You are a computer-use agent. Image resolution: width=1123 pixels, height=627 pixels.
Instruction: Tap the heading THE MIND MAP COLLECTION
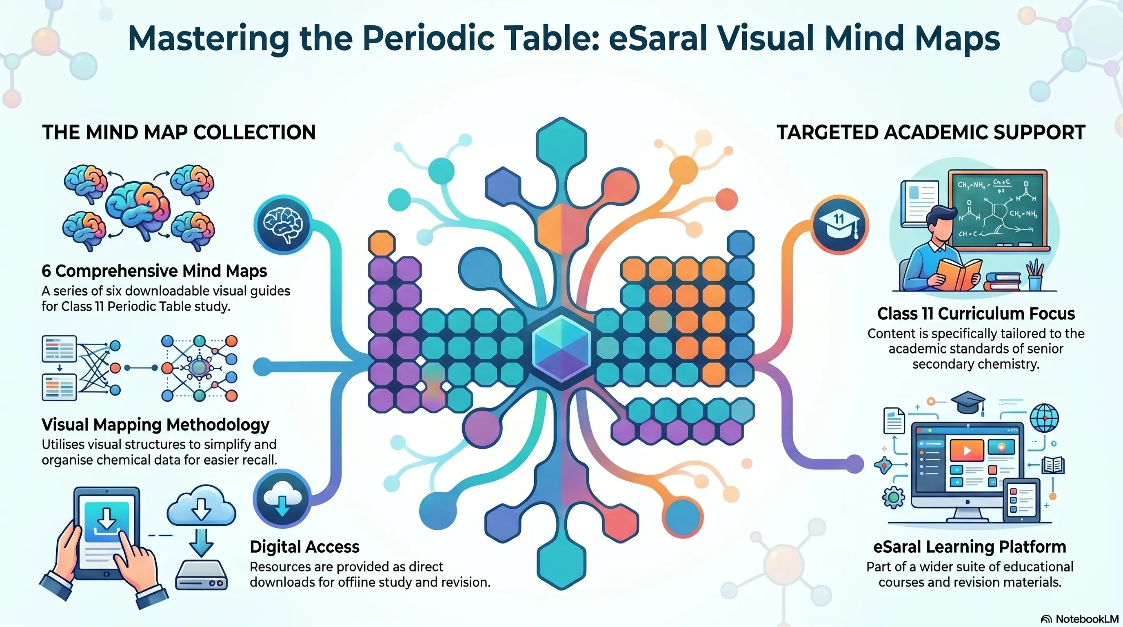pyautogui.click(x=179, y=132)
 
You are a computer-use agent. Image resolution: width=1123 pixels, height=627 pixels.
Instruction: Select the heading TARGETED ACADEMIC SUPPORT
pyautogui.click(x=931, y=132)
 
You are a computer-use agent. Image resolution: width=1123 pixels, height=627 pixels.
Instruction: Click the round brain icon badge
pyautogui.click(x=282, y=225)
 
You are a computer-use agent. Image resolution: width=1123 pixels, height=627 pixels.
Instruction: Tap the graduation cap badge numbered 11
pyautogui.click(x=840, y=225)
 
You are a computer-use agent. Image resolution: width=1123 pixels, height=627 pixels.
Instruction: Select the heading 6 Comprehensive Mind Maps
pyautogui.click(x=154, y=271)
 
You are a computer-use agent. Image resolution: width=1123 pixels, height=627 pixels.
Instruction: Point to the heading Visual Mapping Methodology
pyautogui.click(x=155, y=425)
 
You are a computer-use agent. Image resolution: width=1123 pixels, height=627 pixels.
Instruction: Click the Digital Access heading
pyautogui.click(x=305, y=547)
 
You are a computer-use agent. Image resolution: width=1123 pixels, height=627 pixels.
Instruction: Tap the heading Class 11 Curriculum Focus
pyautogui.click(x=976, y=313)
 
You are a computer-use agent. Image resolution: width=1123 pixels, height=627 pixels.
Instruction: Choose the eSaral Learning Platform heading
pyautogui.click(x=970, y=547)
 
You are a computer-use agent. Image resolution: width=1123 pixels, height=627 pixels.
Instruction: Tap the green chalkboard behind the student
pyautogui.click(x=998, y=210)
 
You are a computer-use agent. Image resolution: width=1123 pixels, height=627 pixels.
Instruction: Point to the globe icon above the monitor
pyautogui.click(x=1044, y=417)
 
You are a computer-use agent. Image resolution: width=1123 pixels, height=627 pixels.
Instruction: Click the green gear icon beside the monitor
pyautogui.click(x=893, y=498)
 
